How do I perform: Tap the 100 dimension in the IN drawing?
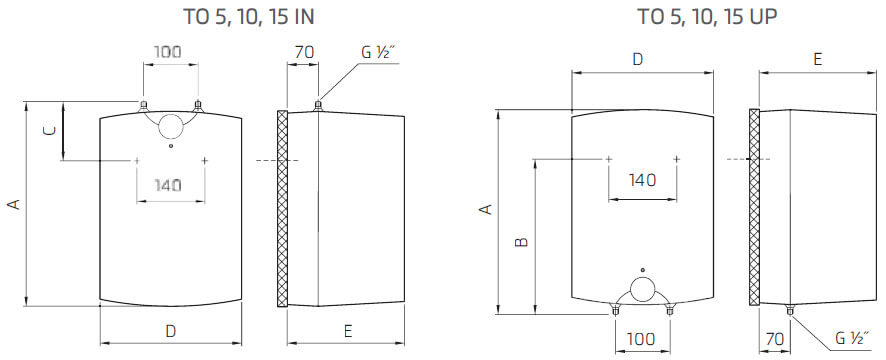tap(168, 52)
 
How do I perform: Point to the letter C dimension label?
tap(48, 130)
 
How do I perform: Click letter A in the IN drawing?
tap(13, 204)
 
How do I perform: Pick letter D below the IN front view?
tap(170, 329)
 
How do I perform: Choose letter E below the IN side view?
tap(346, 329)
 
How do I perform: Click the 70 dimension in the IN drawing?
tap(301, 52)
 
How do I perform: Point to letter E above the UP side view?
tap(817, 60)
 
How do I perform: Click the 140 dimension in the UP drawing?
tap(642, 180)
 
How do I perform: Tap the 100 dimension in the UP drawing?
tap(641, 339)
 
